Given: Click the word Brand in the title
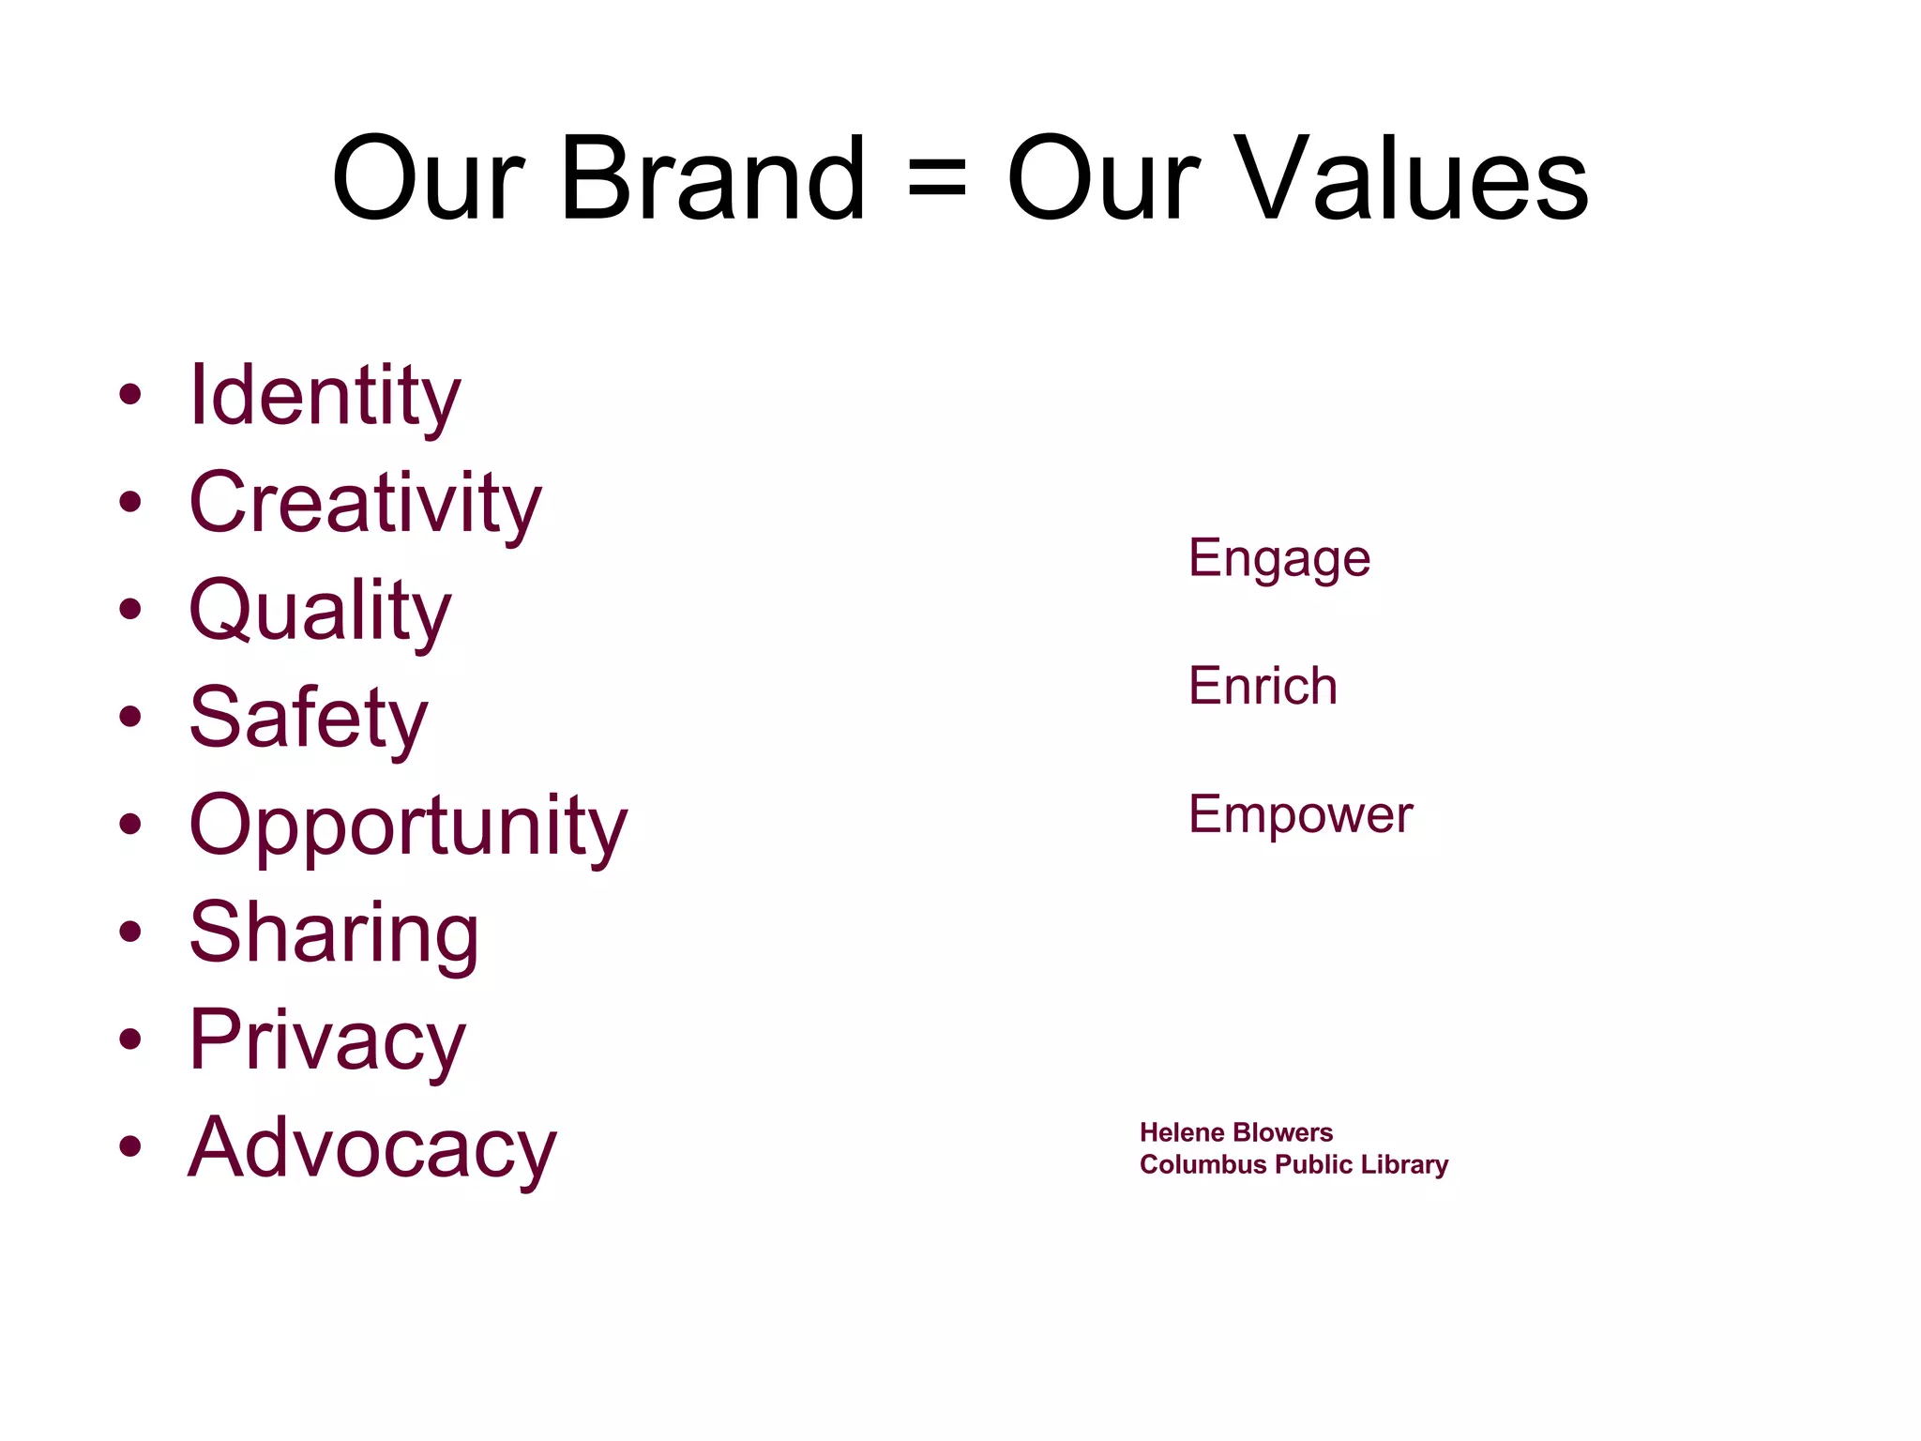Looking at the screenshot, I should [x=713, y=178].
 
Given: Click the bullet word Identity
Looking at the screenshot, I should [x=325, y=397].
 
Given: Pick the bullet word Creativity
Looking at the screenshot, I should [x=365, y=504].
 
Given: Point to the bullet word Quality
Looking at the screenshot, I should [x=320, y=612].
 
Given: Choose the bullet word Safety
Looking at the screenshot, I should [x=308, y=719].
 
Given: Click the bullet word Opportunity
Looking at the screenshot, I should [x=408, y=827].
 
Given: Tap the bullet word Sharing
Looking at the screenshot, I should [x=334, y=933].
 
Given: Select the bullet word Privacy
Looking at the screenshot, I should [x=327, y=1040].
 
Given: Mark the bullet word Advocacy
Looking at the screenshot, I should [x=372, y=1148].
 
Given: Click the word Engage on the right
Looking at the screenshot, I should [x=1279, y=559].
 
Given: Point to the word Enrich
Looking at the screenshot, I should [x=1263, y=686].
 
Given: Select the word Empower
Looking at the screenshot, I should [x=1300, y=814].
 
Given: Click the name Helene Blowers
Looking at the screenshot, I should [x=1235, y=1132].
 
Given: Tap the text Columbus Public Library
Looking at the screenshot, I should [x=1293, y=1164].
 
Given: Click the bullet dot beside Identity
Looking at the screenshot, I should [x=130, y=395].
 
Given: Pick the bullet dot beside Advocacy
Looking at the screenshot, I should [x=130, y=1146].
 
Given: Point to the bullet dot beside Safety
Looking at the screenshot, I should [x=130, y=717].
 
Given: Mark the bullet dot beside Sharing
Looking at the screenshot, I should [x=130, y=932].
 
